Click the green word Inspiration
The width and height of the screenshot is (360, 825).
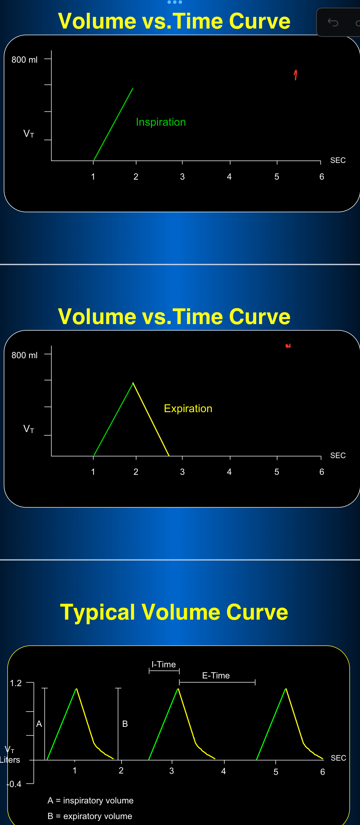161,122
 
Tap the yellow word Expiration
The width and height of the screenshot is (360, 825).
188,408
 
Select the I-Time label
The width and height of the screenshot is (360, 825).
164,664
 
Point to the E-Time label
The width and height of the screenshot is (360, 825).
216,675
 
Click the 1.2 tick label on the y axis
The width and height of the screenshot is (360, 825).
16,683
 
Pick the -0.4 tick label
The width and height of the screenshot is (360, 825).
14,784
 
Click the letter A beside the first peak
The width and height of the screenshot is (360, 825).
39,724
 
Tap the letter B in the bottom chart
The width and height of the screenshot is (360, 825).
125,724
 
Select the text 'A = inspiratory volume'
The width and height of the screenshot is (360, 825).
91,800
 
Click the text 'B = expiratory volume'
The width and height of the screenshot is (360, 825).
90,816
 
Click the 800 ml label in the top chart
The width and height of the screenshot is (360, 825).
24,60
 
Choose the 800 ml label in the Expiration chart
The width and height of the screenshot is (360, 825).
24,355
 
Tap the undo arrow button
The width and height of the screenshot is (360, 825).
333,23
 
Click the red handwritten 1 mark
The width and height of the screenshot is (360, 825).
296,75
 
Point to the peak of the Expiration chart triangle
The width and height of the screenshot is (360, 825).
133,383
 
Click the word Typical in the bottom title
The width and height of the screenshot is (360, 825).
97,612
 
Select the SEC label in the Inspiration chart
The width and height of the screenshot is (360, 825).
338,160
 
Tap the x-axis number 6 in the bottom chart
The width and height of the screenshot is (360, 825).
323,772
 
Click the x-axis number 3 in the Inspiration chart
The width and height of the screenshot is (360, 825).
182,176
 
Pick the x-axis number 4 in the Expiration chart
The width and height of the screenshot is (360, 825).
229,472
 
